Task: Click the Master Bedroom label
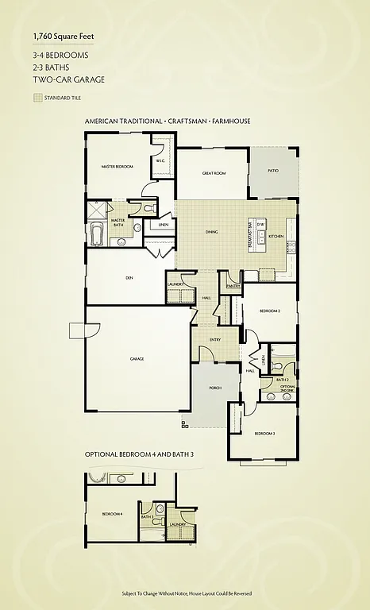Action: click(x=117, y=167)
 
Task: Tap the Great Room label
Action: click(x=214, y=172)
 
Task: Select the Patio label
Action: click(x=272, y=170)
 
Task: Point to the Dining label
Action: click(x=212, y=232)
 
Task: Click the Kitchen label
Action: click(x=276, y=237)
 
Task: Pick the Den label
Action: click(x=129, y=277)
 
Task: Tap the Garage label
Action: click(x=137, y=359)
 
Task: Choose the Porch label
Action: click(x=215, y=388)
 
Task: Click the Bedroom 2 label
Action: click(x=270, y=311)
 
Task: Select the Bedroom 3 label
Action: click(x=264, y=434)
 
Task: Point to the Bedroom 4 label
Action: click(x=112, y=515)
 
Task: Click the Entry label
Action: click(x=214, y=340)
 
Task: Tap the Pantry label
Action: click(x=233, y=285)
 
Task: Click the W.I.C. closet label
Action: click(x=160, y=160)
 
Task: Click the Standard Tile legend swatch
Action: click(x=37, y=98)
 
